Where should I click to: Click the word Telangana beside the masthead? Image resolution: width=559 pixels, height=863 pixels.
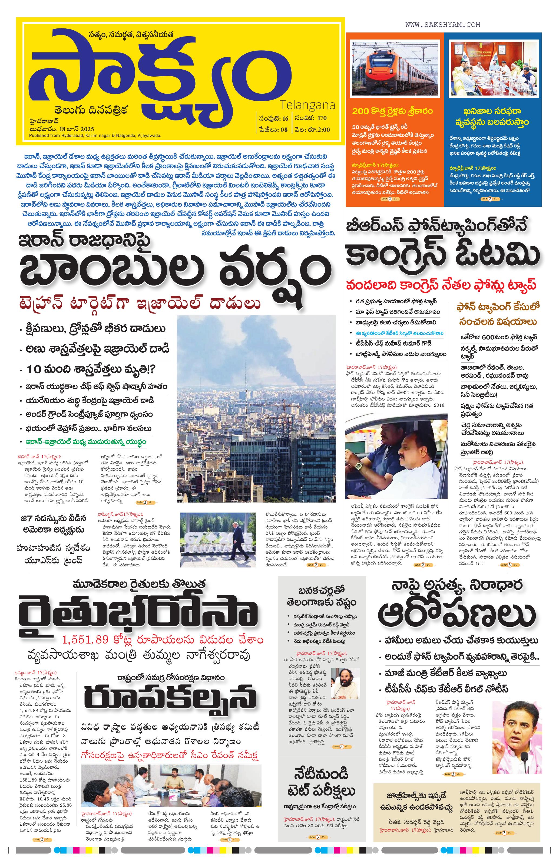307,106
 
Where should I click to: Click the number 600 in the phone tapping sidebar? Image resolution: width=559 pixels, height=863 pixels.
494,336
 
